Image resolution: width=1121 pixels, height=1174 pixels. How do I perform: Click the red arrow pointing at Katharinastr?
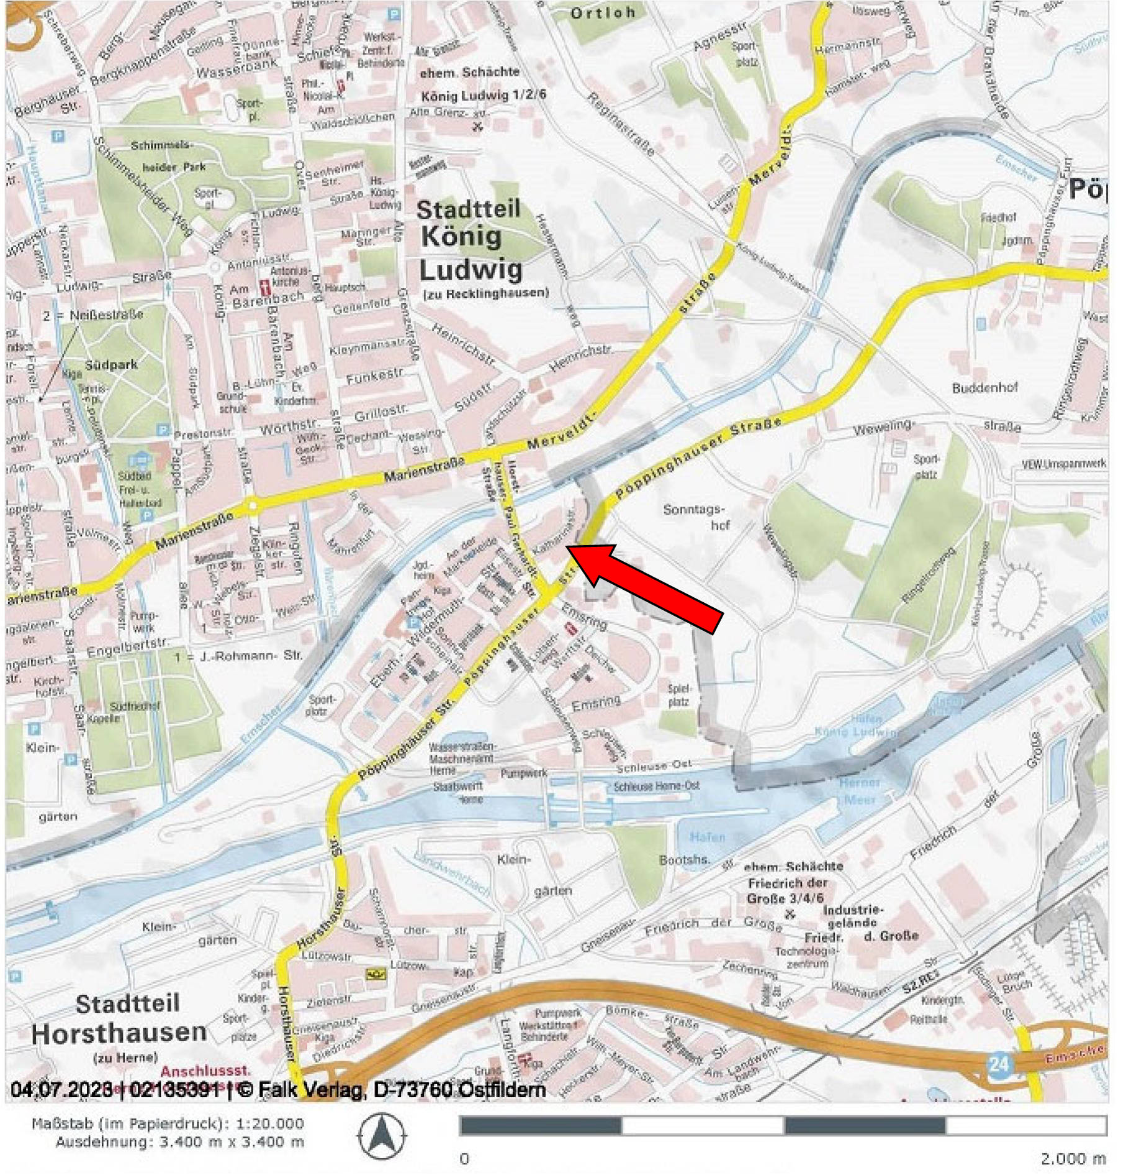(x=649, y=589)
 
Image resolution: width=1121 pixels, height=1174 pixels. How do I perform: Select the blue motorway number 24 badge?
(x=999, y=1064)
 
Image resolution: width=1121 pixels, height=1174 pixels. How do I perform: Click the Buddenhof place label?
(x=985, y=388)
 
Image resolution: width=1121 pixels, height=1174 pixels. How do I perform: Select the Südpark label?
(x=112, y=365)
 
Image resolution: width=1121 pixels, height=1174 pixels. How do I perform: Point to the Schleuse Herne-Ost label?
(x=656, y=786)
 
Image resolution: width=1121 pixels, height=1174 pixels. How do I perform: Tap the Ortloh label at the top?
(x=603, y=13)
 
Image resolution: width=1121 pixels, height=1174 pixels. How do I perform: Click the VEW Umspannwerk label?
(x=1064, y=464)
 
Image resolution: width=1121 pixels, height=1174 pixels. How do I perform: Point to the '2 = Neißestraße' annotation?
(x=93, y=315)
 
